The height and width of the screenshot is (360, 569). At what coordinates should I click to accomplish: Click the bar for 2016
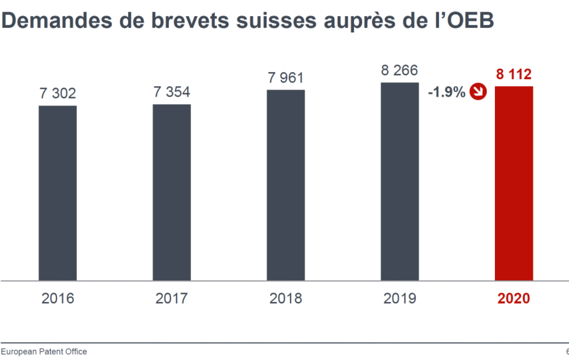57,193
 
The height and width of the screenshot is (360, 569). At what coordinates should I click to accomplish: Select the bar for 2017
172,192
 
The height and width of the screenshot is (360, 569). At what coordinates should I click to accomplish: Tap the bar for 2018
286,185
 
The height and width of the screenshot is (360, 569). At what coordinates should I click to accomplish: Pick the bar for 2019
400,181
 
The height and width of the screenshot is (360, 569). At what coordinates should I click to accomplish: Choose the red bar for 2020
514,183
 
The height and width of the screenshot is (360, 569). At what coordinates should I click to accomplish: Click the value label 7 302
57,94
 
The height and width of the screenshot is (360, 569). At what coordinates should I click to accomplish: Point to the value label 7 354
172,92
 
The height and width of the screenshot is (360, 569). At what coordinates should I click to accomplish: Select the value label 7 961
286,78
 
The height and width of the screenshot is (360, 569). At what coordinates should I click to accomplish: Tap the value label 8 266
399,71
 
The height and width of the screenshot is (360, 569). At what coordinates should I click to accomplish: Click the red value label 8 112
513,74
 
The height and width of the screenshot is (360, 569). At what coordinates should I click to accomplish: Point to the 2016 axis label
57,298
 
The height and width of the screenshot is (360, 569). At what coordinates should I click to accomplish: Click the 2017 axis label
172,298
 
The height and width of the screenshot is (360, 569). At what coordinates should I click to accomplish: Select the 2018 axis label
286,298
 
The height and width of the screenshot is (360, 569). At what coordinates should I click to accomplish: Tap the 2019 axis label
400,298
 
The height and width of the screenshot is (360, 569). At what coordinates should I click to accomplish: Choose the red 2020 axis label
513,298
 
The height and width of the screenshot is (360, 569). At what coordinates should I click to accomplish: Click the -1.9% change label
446,92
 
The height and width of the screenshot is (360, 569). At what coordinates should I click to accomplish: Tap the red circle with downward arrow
478,92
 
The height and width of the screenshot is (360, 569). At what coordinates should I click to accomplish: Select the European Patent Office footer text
44,351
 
